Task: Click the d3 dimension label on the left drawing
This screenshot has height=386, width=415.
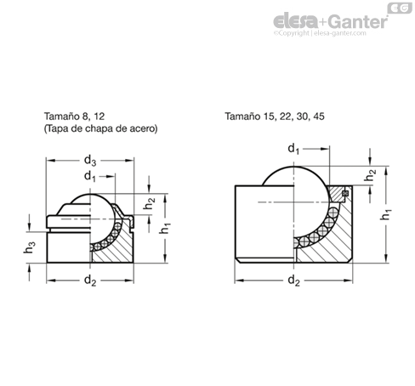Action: pos(90,161)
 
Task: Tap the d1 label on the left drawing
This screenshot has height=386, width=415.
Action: pos(90,177)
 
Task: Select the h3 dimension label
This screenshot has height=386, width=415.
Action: pos(30,247)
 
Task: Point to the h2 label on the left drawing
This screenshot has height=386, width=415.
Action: pos(150,203)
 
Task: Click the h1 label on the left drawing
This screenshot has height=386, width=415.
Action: pos(165,228)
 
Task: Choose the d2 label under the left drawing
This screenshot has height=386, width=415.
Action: pos(90,281)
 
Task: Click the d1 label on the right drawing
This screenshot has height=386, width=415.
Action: pos(293,149)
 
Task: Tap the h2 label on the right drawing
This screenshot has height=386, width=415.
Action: pos(370,175)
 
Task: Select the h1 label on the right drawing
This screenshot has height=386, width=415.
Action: pos(385,214)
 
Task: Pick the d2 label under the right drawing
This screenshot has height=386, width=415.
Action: pos(293,281)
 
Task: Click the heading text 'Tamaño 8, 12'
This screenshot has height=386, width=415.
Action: pos(74,116)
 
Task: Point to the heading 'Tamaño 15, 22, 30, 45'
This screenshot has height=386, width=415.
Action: pos(275,116)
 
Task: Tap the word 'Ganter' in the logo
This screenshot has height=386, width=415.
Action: pos(358,22)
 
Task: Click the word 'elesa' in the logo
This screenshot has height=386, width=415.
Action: pos(296,21)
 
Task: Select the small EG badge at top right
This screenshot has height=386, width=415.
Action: pos(400,8)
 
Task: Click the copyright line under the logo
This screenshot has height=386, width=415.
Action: pos(320,33)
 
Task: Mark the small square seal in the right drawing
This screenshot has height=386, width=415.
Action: pos(345,193)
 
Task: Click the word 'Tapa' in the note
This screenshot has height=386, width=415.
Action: pos(56,128)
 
